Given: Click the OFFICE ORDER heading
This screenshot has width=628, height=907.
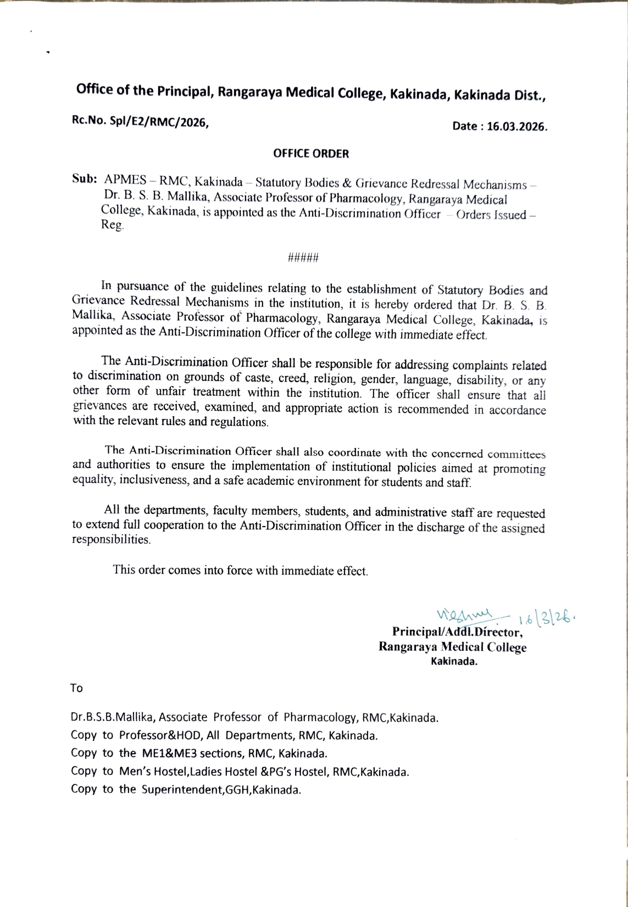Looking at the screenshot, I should tap(311, 154).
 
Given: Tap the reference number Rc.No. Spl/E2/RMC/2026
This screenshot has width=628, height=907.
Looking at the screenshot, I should tap(140, 123).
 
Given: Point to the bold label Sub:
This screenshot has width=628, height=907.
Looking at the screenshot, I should tap(85, 179).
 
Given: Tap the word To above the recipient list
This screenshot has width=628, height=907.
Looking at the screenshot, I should tap(76, 688).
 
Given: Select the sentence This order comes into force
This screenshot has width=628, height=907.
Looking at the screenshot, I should tap(240, 570).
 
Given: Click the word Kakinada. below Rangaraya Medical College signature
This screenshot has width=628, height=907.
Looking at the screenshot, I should tap(454, 662).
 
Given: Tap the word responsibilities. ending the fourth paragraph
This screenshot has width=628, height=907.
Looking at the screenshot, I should tap(112, 540).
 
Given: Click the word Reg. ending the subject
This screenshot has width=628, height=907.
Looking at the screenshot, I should tap(113, 226).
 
